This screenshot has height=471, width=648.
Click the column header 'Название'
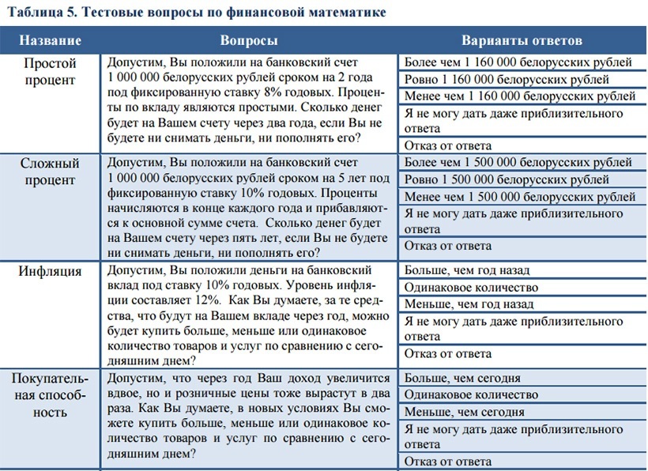coord(50,40)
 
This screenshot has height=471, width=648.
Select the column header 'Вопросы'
coord(248,40)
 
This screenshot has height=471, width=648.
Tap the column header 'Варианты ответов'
coord(522,40)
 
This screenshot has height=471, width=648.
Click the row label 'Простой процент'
coord(50,71)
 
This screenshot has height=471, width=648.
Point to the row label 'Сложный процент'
coord(50,171)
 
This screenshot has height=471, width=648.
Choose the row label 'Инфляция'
coord(50,272)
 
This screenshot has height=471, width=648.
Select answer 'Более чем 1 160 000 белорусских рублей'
coord(518,62)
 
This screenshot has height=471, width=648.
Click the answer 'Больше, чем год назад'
coord(469,272)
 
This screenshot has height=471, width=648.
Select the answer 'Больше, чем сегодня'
coord(462,378)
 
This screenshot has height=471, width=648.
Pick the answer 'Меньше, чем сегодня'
coord(464,412)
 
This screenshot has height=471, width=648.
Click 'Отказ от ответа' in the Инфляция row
coord(448,353)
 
